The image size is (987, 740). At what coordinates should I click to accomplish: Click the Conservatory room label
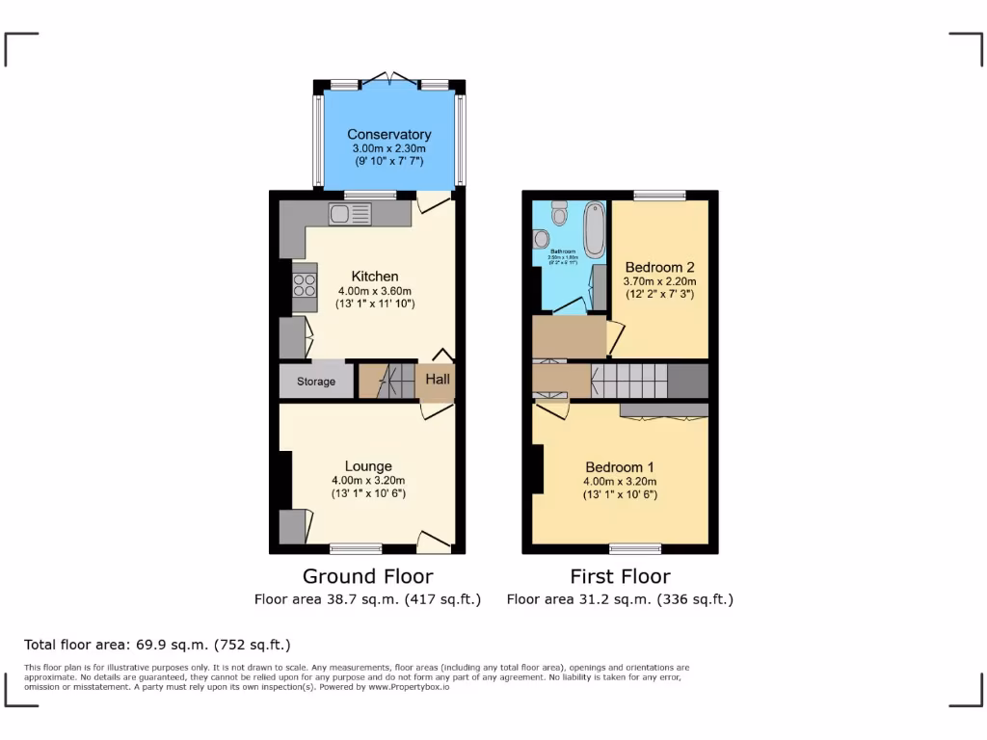click(388, 135)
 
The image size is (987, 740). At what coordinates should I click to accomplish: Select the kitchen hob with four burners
click(305, 286)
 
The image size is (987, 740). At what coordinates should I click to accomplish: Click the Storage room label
click(316, 382)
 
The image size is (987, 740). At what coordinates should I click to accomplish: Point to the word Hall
click(438, 380)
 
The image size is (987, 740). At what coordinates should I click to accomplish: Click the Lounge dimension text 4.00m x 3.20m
click(368, 481)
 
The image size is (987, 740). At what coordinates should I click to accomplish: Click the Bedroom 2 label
click(659, 267)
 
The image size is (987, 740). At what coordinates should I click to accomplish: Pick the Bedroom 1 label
click(619, 468)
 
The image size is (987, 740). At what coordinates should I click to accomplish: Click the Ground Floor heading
click(367, 576)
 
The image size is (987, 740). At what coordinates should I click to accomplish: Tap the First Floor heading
click(620, 576)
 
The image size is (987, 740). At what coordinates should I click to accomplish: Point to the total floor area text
click(156, 645)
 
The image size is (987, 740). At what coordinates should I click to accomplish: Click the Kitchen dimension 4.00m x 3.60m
click(374, 291)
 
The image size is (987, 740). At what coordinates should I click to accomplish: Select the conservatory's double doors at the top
click(389, 77)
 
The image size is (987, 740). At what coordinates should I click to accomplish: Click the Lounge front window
click(356, 549)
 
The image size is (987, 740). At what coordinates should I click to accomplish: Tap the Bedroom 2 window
click(660, 196)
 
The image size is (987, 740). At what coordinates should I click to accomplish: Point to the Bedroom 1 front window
click(635, 549)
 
